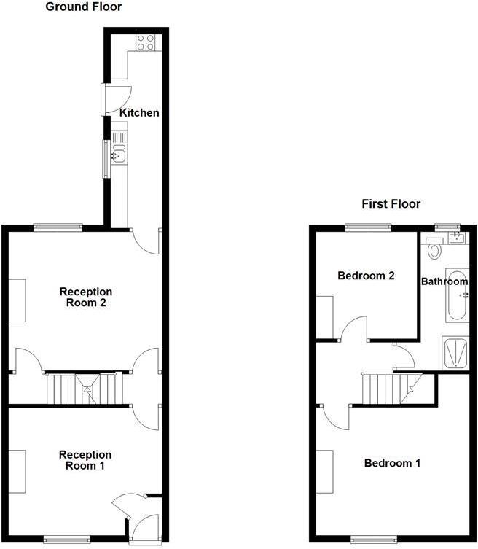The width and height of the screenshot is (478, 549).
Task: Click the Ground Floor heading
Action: (x=84, y=7)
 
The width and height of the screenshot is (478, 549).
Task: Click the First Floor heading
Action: (x=391, y=204)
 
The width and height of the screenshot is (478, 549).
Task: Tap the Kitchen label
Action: (x=139, y=113)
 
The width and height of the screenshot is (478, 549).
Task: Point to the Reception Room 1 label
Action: (x=85, y=460)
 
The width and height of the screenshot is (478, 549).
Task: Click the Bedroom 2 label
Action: (x=366, y=276)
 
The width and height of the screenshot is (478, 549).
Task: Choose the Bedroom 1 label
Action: (x=392, y=463)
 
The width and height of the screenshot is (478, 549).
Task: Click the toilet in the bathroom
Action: (x=435, y=251)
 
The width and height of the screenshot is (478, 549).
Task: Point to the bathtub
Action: (x=457, y=297)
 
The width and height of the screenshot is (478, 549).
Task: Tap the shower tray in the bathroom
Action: (x=456, y=354)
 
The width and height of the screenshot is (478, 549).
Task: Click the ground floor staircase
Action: (x=82, y=388)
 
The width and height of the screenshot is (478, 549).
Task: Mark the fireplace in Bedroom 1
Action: (x=325, y=470)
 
